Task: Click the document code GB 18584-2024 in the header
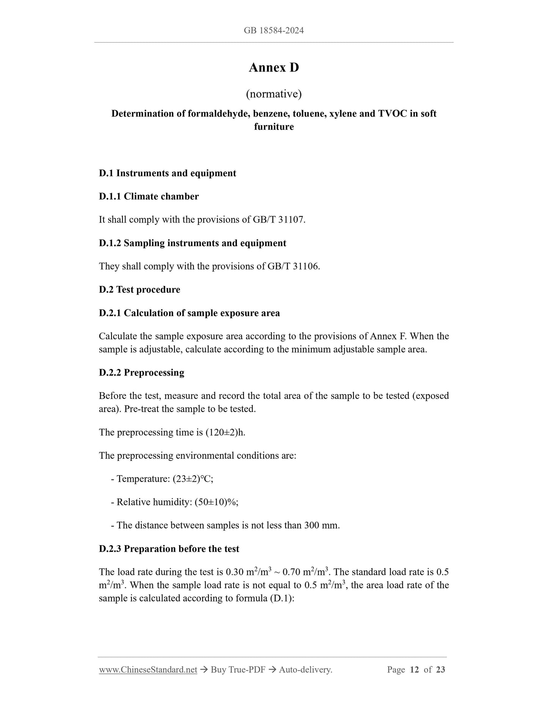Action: [x=274, y=30]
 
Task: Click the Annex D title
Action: [x=274, y=68]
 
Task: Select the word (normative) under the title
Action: [x=274, y=93]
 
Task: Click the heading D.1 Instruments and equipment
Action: [x=167, y=173]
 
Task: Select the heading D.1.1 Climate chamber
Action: [x=149, y=196]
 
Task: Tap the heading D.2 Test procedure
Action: [x=140, y=290]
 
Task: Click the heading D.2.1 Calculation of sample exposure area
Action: [x=189, y=313]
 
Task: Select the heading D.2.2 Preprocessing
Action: [x=141, y=372]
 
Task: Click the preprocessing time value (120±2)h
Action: [x=225, y=432]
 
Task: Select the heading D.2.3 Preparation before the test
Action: [x=169, y=549]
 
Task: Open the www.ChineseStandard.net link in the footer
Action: [x=148, y=670]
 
